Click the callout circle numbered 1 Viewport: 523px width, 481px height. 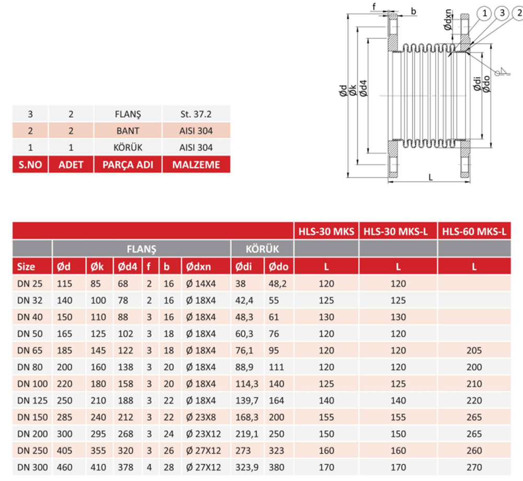coord(485,14)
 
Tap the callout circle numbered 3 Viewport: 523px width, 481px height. coord(502,13)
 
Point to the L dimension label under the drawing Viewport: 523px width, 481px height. coord(430,177)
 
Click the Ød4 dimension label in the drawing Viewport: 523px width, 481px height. coord(363,88)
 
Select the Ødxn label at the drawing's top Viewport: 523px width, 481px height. coord(448,20)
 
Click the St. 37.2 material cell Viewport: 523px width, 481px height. coord(196,114)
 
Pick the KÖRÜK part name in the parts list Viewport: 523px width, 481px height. coord(128,147)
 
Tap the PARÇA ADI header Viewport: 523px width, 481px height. coord(128,164)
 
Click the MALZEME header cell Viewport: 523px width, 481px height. coord(196,164)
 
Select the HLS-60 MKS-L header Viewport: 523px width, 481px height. coord(474,231)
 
